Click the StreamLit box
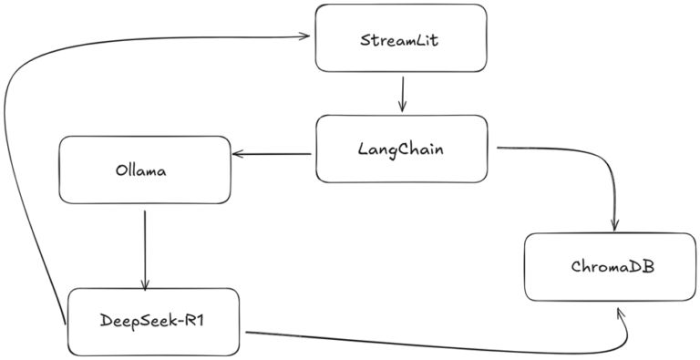click(x=400, y=38)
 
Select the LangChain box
click(x=401, y=149)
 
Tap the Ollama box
click(x=144, y=169)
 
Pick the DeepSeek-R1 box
click(x=153, y=321)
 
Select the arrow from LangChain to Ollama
click(x=273, y=154)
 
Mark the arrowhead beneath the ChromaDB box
click(x=622, y=313)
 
